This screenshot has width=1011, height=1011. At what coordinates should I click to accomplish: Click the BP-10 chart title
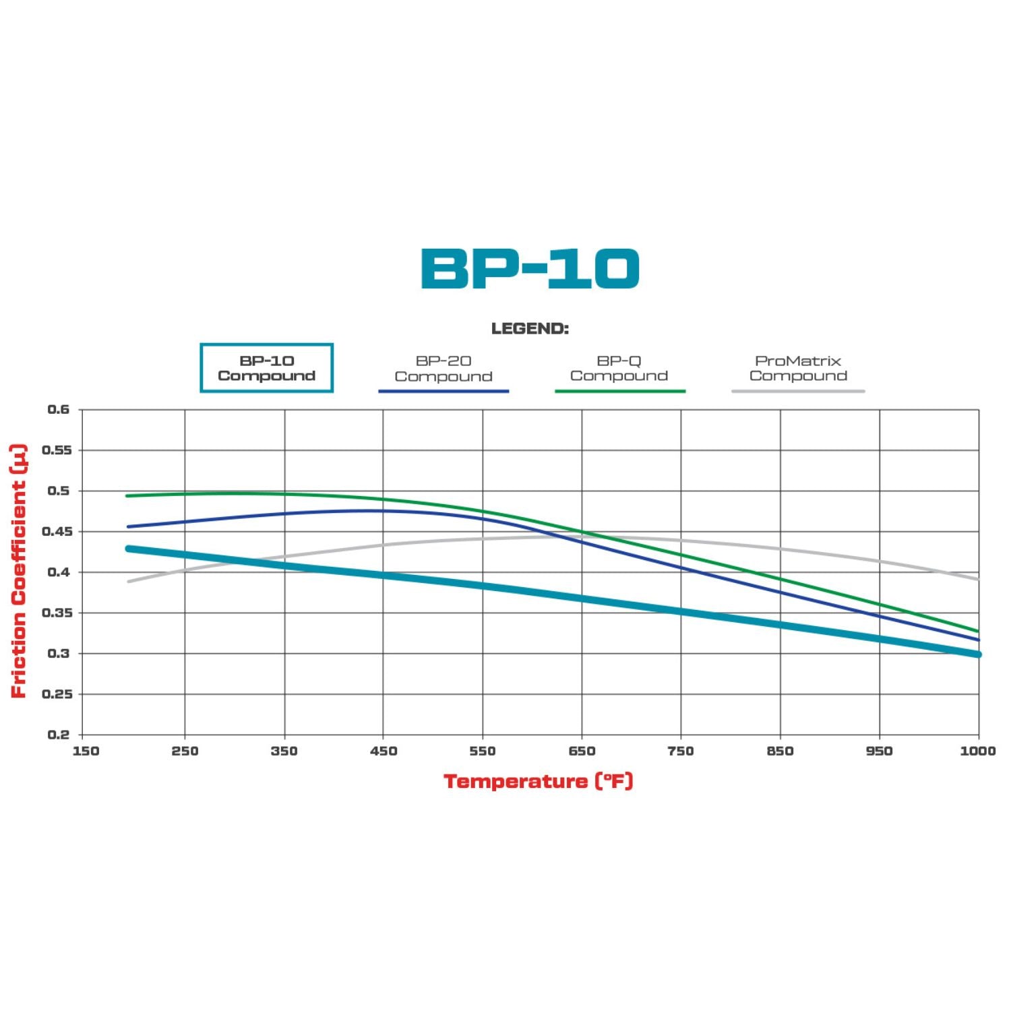click(x=530, y=268)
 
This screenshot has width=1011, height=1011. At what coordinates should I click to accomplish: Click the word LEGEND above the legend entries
click(x=530, y=329)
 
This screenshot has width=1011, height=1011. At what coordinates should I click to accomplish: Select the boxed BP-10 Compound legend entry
click(x=267, y=368)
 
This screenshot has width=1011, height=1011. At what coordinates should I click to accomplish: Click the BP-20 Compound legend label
click(x=443, y=369)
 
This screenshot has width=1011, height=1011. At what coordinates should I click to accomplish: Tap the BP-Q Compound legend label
click(x=619, y=368)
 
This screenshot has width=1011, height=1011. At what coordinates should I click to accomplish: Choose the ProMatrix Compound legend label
click(x=798, y=368)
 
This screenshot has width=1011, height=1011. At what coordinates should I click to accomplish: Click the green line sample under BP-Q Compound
click(x=620, y=391)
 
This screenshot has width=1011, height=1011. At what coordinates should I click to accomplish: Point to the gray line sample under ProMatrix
click(x=798, y=391)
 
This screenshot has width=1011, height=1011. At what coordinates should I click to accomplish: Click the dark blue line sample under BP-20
click(x=443, y=391)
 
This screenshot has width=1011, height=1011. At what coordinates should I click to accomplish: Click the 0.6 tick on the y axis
click(x=59, y=410)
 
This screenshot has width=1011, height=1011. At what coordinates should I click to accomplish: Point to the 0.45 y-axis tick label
click(x=57, y=532)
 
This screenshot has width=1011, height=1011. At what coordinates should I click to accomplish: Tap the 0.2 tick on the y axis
click(x=59, y=735)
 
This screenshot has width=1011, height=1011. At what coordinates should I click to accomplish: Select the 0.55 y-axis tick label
click(x=57, y=450)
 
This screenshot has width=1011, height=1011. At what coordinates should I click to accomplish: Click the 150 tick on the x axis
click(x=86, y=751)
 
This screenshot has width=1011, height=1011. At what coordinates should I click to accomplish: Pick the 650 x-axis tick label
click(x=582, y=751)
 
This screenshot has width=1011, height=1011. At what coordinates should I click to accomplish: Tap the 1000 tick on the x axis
click(x=977, y=751)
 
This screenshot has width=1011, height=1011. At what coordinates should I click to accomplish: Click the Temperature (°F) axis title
click(x=538, y=781)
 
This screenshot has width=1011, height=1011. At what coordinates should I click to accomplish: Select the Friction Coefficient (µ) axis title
click(x=19, y=570)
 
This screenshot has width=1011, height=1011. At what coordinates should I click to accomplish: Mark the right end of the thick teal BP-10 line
click(x=977, y=654)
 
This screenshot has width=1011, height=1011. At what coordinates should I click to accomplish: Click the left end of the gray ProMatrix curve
click(x=129, y=581)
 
